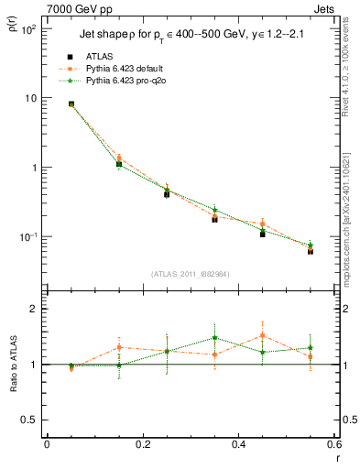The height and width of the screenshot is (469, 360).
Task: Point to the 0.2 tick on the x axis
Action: tap(142, 446)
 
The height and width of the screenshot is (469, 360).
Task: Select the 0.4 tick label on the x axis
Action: tap(237, 446)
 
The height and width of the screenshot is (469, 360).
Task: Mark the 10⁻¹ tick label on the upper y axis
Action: tap(28, 236)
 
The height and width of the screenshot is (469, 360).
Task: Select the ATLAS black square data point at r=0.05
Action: tap(71, 104)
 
